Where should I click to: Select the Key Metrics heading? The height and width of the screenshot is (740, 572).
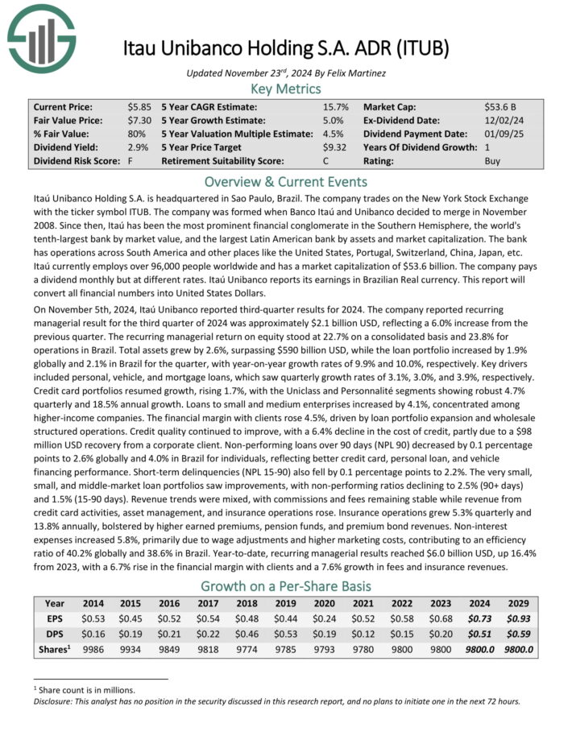coord(285,89)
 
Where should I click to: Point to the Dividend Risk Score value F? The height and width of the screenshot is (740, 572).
coord(130,161)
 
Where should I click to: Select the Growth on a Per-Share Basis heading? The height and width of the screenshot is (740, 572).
coord(285,585)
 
